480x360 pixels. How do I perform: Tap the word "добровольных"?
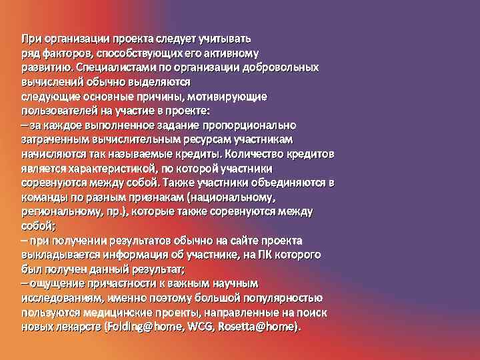coord(284,67)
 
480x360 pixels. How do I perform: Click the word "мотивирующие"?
coord(233,97)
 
